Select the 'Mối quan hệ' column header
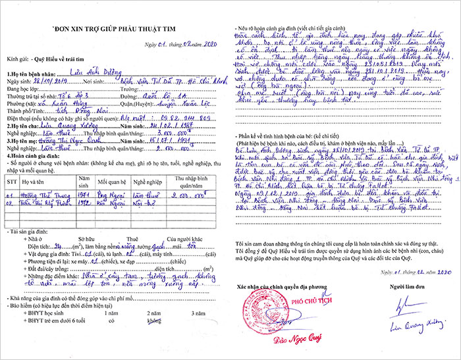111,181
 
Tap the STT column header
12,181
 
